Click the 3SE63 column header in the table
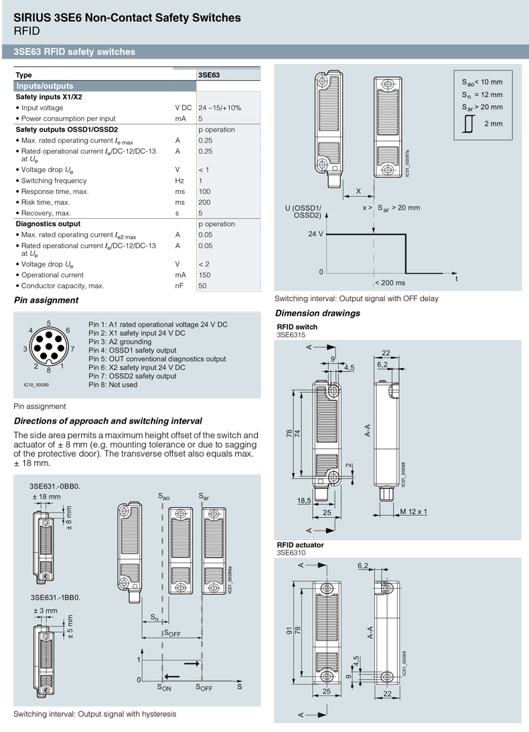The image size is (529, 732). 209,75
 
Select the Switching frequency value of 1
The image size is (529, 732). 200,181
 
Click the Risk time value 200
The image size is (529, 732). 204,202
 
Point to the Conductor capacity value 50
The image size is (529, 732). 202,286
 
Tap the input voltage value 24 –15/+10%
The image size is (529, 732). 220,108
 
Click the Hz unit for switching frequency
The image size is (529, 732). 179,181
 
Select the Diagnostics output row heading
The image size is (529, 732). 48,224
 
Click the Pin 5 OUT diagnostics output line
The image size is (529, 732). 157,359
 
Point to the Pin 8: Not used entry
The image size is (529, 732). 112,385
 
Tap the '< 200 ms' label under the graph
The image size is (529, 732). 390,283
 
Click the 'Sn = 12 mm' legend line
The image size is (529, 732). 481,94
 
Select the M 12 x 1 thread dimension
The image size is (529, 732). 414,512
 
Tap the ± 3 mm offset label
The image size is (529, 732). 46,611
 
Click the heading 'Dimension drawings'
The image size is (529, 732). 317,313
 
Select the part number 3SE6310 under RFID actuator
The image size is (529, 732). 291,553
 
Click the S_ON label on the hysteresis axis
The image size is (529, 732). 164,687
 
